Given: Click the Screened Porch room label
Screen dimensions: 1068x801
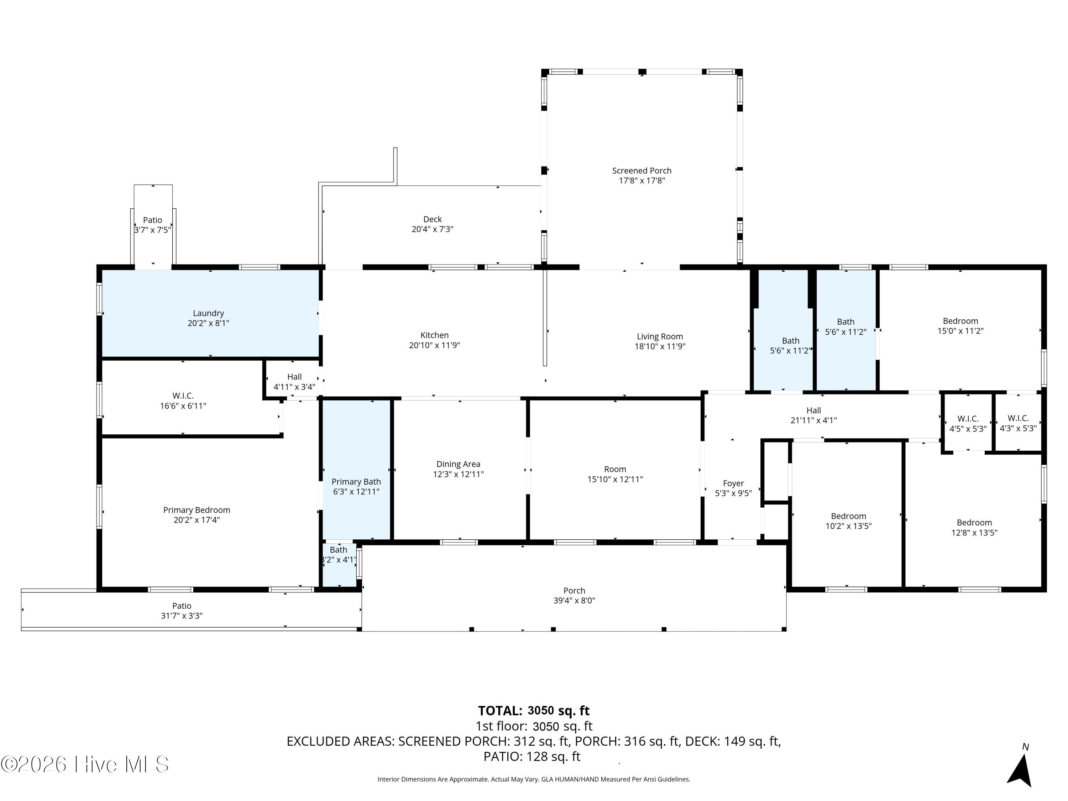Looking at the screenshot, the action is point(642,171).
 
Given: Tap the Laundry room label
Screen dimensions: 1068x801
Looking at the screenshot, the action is point(209,313).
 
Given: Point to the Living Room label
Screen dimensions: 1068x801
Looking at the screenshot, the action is point(660,336).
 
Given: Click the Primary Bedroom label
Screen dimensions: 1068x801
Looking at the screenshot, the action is point(197,510).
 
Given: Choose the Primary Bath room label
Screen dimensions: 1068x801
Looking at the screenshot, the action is point(356,482).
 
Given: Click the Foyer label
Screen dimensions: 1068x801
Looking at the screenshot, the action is point(733,483).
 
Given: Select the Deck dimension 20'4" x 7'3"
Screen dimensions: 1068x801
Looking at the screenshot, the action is point(432,229).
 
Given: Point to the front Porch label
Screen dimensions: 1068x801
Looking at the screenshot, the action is point(574,591).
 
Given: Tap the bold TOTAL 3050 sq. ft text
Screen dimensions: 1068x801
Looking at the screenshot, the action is point(534,711).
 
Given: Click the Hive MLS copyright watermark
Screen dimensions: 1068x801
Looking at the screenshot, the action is point(85,764).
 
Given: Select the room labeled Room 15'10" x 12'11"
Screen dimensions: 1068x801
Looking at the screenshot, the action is point(615,469).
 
